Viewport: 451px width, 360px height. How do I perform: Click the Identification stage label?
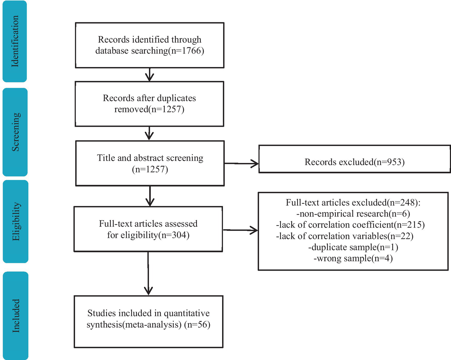(x=15, y=41)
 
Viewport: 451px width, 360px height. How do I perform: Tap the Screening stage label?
(x=15, y=132)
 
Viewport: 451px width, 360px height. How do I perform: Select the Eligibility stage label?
(x=16, y=221)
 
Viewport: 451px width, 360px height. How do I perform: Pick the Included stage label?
(x=16, y=316)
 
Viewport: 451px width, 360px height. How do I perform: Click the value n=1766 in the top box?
(x=187, y=51)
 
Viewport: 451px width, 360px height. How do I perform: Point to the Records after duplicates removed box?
(x=149, y=104)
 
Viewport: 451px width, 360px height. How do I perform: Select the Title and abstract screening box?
(x=150, y=163)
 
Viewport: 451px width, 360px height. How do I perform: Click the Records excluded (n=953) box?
(x=354, y=162)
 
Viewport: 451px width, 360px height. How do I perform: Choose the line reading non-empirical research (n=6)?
(x=353, y=214)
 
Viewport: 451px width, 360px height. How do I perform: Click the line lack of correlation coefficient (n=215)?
(x=350, y=225)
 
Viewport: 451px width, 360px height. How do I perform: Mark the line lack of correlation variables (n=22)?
(x=345, y=236)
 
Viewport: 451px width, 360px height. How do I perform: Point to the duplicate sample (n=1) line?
(x=353, y=247)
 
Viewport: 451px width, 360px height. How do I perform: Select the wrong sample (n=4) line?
(x=353, y=258)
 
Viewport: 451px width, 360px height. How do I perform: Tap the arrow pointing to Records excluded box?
(x=241, y=163)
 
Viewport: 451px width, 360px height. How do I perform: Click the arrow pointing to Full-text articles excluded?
(x=240, y=230)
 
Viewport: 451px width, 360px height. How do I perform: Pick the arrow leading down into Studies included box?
(x=148, y=274)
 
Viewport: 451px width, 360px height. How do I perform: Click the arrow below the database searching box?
(x=150, y=75)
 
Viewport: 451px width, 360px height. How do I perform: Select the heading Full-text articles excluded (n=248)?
(x=353, y=202)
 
